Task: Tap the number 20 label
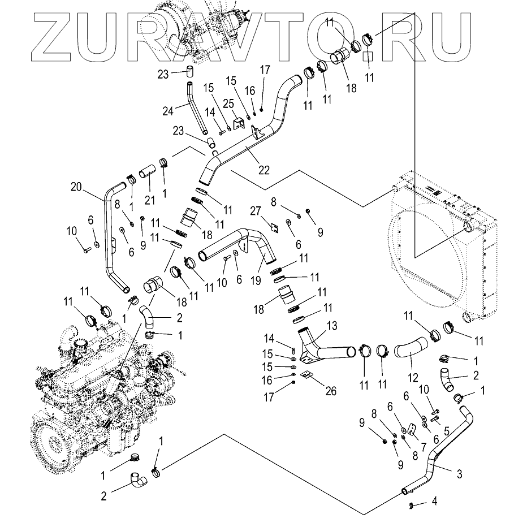pos(77,187)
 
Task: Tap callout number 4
pos(434,500)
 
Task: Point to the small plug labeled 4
pos(412,504)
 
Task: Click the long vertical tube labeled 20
pos(107,237)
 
